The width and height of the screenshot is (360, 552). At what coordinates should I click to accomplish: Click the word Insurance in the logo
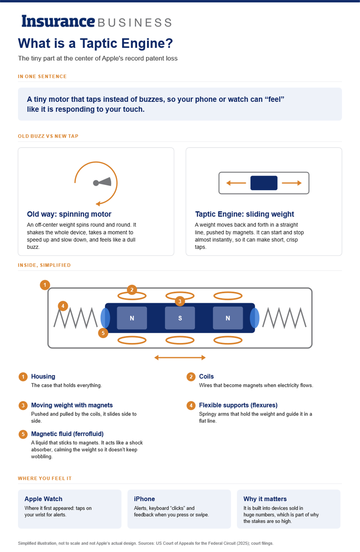point(58,21)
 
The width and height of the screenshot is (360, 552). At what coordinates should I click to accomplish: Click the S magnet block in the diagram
point(180,318)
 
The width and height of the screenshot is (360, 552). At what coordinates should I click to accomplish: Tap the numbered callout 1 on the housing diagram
point(45,285)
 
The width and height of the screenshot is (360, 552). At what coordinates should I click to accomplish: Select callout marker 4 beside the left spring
point(63,306)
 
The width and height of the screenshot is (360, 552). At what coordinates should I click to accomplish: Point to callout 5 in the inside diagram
point(103,333)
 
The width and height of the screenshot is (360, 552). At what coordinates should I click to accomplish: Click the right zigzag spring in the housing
point(284,318)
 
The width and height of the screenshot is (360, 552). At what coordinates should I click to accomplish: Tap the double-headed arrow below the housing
point(180,358)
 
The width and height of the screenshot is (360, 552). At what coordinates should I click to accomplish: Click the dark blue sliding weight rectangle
point(264,183)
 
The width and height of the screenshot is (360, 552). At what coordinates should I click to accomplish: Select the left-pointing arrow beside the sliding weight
point(236,183)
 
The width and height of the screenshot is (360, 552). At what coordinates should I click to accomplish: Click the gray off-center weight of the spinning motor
point(102,182)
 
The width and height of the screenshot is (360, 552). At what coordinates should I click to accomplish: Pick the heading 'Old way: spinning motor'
point(69,214)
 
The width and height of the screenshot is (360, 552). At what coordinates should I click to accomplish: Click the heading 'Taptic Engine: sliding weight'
point(244,214)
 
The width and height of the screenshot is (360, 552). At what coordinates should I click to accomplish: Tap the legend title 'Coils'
point(207,377)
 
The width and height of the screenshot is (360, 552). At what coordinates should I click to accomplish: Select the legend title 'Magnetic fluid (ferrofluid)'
point(67,434)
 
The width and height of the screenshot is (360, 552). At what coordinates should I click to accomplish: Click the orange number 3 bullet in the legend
point(23,406)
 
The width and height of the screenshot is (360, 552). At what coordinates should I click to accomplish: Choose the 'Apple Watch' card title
point(43,499)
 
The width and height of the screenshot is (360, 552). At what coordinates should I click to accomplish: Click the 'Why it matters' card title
point(265,499)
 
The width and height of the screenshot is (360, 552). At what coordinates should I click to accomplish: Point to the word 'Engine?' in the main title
point(147,43)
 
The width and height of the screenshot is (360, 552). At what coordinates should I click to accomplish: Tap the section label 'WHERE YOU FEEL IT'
point(45,478)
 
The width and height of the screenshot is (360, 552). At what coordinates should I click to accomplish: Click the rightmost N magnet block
point(228,318)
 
